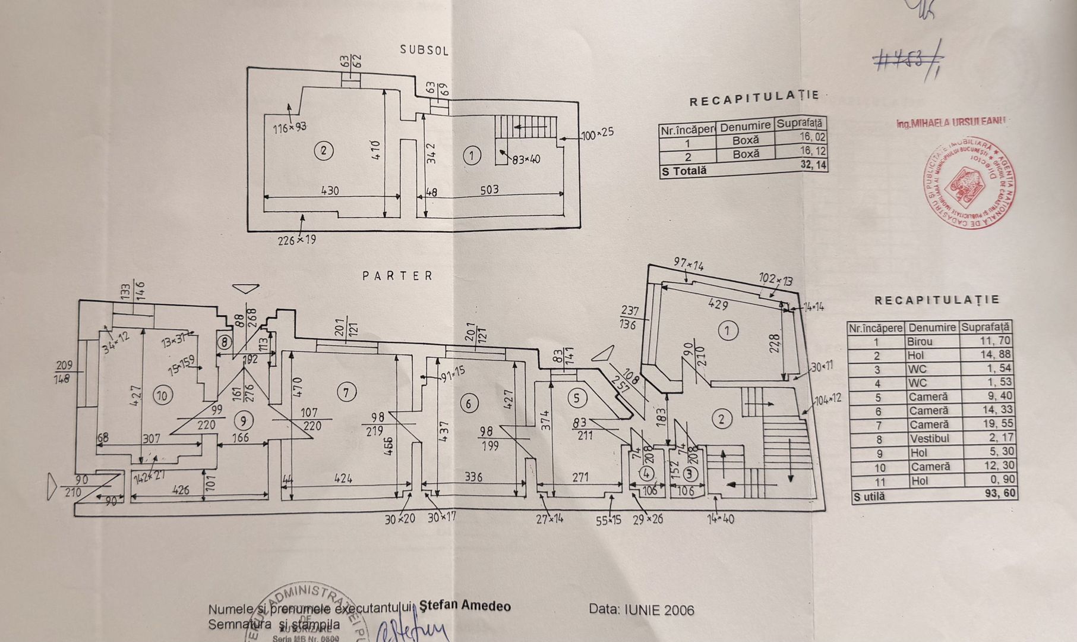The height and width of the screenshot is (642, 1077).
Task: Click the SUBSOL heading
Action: pos(424,49)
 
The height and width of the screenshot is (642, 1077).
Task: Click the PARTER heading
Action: pos(398,276)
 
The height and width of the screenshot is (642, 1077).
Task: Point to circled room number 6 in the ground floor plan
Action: pos(469,404)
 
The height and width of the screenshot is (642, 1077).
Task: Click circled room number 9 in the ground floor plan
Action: pos(242,421)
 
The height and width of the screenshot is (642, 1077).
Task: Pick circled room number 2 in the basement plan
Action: pos(323,150)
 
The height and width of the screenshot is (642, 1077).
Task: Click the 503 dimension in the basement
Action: pos(489,190)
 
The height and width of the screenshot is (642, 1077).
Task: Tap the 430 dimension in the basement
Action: pos(330,191)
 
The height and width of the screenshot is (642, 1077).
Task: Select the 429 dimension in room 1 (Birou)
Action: pos(718,304)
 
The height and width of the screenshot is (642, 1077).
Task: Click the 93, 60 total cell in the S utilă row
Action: pos(1000,493)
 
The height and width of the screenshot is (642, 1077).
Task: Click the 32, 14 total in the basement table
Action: pos(813,165)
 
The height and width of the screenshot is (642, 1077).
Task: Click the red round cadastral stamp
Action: pos(969,183)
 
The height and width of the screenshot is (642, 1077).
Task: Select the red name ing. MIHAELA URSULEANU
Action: pos(950,122)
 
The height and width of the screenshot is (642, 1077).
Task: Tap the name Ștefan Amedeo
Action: pos(465,606)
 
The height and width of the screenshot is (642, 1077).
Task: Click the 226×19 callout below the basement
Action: pos(297,240)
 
